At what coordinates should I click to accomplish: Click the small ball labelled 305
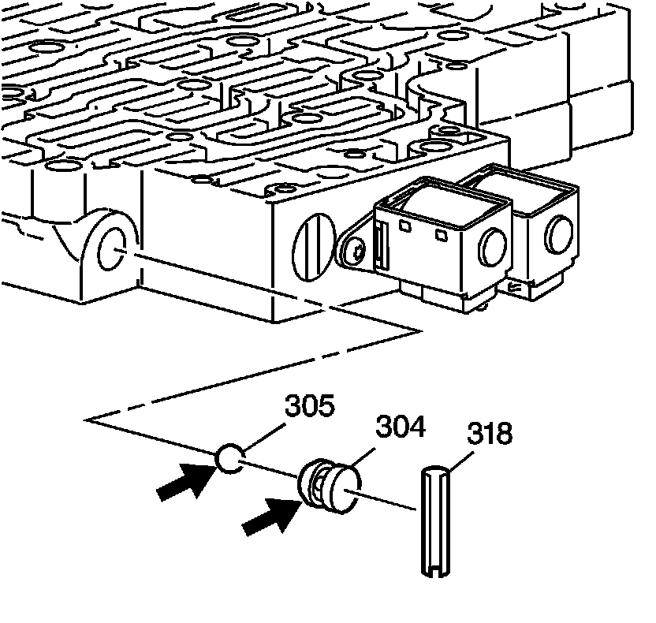tap(229, 458)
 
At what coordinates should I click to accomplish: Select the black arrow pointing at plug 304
tap(266, 516)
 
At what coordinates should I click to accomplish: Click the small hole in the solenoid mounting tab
tap(357, 252)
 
